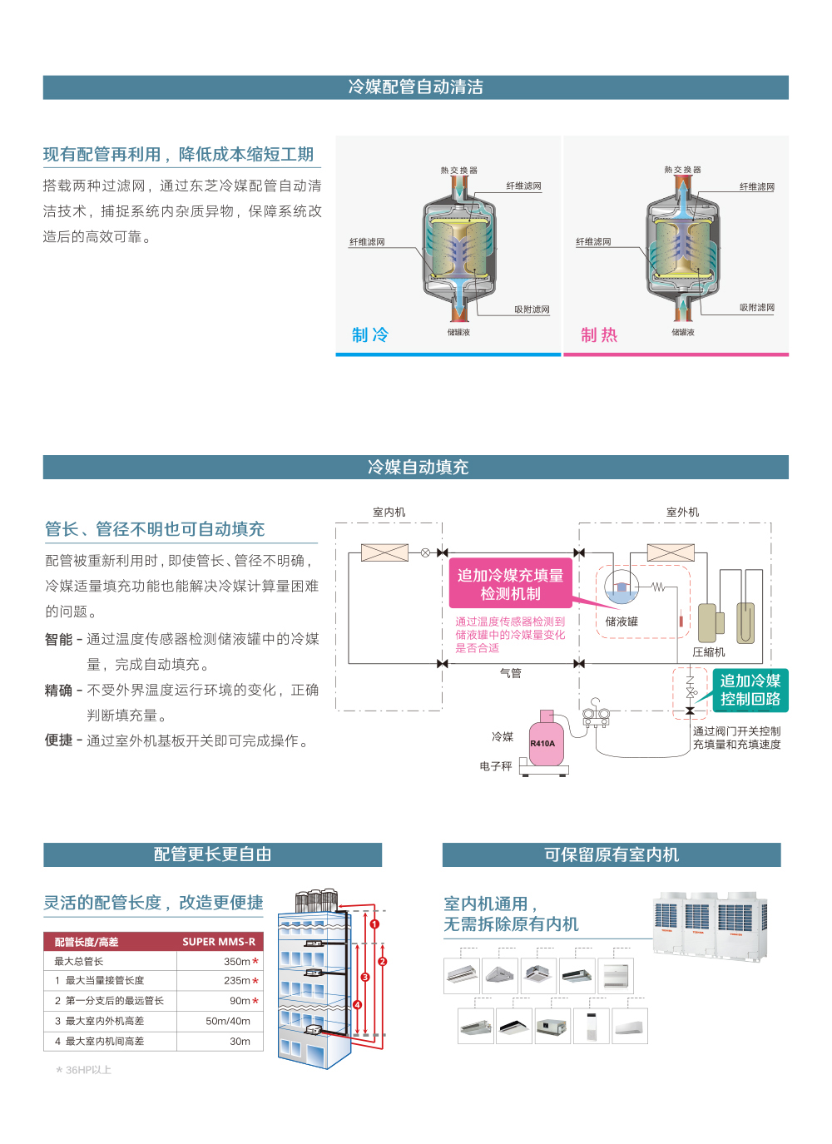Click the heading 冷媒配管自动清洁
(415, 87)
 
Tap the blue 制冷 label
(370, 334)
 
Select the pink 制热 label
(599, 334)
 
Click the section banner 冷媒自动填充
(418, 468)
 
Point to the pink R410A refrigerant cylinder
(545, 741)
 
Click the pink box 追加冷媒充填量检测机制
(510, 584)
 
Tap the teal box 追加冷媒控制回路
(750, 690)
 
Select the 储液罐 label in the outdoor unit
(622, 622)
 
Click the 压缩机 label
(709, 652)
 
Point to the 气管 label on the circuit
(510, 673)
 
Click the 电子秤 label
(496, 766)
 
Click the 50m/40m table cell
(228, 1021)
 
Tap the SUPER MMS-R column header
(219, 942)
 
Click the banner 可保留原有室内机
(612, 854)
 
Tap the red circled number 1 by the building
(374, 924)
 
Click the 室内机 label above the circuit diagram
(389, 513)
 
